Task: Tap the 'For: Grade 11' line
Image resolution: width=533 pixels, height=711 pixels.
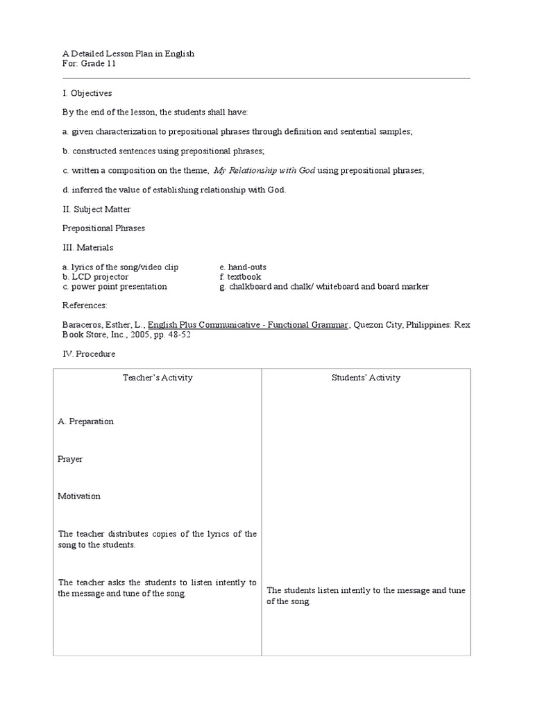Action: pos(89,64)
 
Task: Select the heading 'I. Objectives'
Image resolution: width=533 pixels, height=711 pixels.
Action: pos(87,93)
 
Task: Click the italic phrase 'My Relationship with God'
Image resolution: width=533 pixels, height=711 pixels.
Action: pos(264,170)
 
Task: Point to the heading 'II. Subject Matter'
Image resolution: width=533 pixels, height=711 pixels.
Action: pos(96,209)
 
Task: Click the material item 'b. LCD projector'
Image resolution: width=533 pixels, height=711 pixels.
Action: pos(95,277)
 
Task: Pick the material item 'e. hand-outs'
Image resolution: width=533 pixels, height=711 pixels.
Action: pos(242,267)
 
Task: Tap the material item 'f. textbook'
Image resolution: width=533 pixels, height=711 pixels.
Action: pos(240,277)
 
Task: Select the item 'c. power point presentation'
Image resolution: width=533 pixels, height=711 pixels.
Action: pos(115,287)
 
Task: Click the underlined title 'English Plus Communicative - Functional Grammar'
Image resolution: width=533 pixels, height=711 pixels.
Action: pos(248,324)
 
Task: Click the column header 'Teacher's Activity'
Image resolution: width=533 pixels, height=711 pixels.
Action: pos(158,378)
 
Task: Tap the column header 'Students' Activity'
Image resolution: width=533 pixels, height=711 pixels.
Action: pos(366,378)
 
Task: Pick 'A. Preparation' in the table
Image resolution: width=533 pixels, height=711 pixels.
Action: pos(86,421)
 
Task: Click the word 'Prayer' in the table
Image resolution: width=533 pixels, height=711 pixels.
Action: pos(71,459)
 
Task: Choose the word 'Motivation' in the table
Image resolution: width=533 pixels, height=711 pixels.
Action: pos(80,496)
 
